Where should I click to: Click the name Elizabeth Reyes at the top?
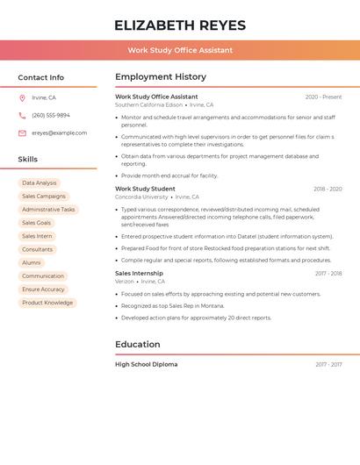(x=179, y=25)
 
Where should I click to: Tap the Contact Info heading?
(x=40, y=77)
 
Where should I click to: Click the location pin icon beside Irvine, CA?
(x=22, y=97)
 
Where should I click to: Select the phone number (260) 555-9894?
(x=51, y=115)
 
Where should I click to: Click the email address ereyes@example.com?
(x=60, y=132)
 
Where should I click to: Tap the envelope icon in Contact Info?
(x=22, y=132)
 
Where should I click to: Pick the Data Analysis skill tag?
(x=40, y=183)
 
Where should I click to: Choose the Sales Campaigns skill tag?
(x=44, y=197)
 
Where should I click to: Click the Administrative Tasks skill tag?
(x=48, y=210)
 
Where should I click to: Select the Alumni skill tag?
(x=32, y=263)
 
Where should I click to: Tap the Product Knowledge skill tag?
(x=47, y=303)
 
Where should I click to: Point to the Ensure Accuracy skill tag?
(x=43, y=290)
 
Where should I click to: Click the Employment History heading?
(x=161, y=77)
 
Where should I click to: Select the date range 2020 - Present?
(x=323, y=97)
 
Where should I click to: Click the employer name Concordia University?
(x=141, y=197)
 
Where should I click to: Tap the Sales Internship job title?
(x=139, y=273)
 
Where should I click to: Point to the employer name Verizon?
(x=125, y=282)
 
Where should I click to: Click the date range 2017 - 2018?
(x=328, y=274)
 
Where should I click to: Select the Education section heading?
(x=138, y=345)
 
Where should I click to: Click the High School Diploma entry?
(x=146, y=364)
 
